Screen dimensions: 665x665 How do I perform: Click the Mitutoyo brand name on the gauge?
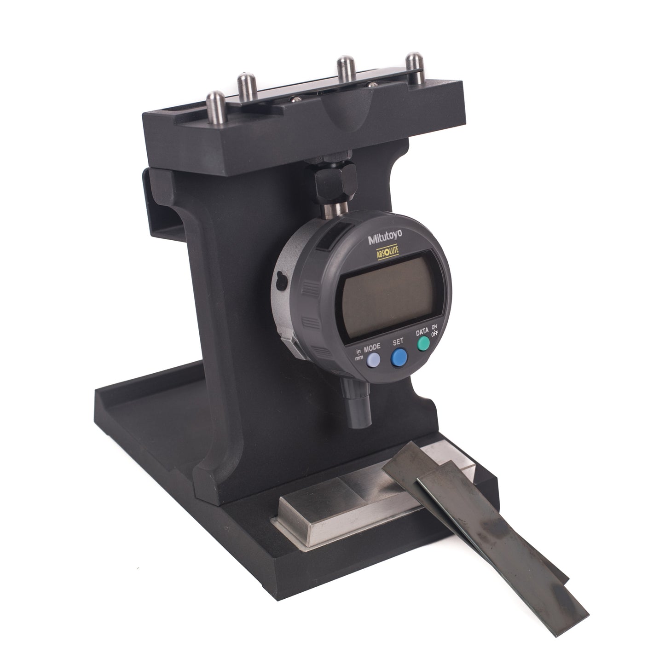coord(385,237)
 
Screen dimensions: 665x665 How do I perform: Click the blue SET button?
coord(399,358)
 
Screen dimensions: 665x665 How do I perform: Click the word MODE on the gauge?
coord(372,347)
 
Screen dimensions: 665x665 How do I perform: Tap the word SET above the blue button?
coord(398,341)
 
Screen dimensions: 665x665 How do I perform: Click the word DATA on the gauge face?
coord(422,332)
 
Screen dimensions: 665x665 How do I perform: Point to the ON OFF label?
coord(434,330)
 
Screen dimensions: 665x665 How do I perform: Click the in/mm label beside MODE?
coord(359,354)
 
